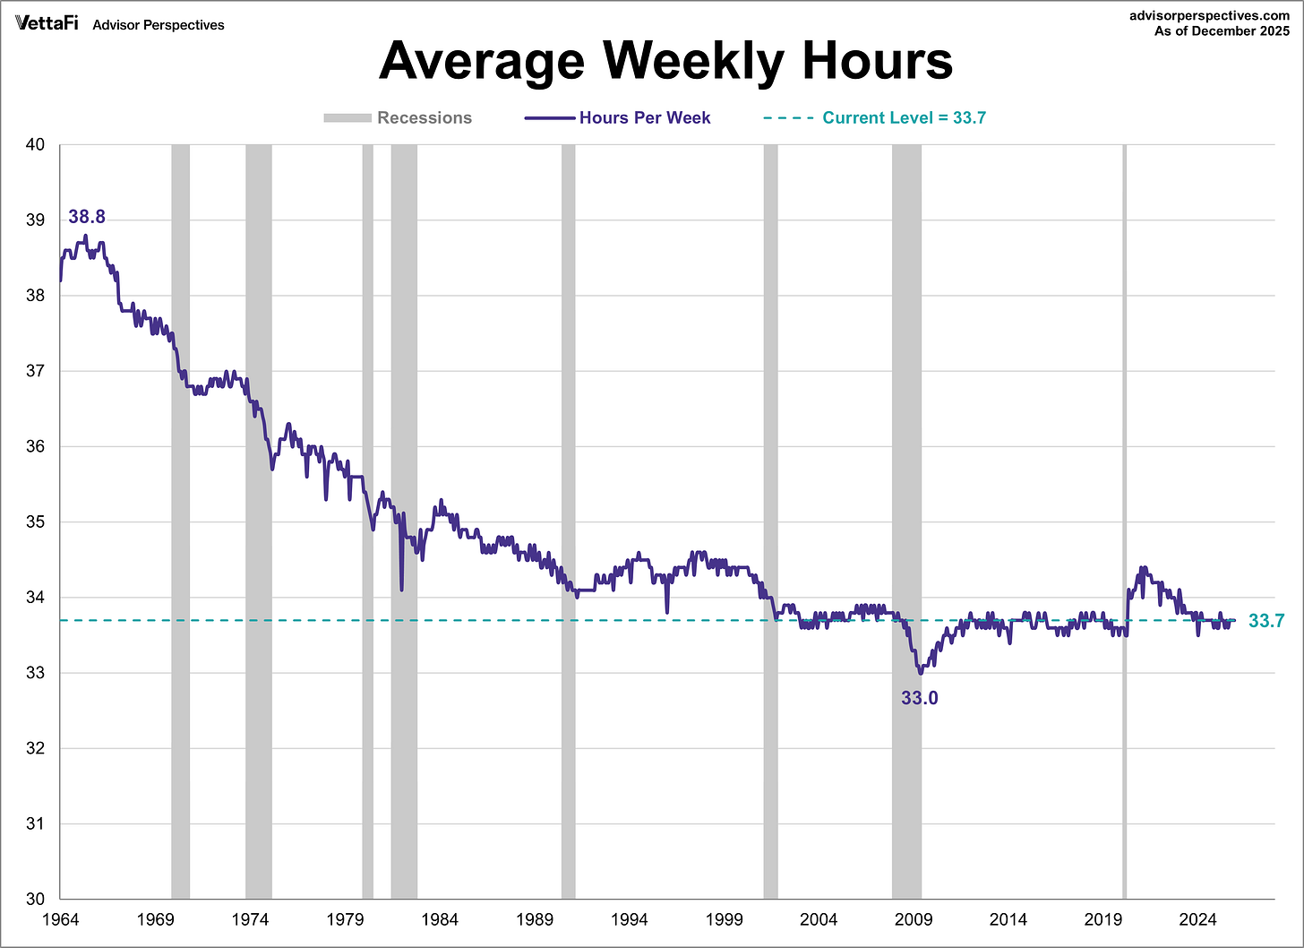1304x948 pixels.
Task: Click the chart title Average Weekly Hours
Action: (665, 61)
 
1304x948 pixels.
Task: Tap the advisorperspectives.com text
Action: (1209, 15)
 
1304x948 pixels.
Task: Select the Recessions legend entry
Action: (399, 117)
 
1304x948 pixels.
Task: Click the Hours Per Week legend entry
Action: (618, 117)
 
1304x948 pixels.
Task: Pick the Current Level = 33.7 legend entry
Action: (874, 117)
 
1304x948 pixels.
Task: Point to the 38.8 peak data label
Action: (87, 217)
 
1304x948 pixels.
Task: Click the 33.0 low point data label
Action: (919, 698)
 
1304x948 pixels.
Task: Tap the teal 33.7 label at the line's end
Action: (1266, 621)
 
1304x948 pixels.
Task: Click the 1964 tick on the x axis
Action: (61, 919)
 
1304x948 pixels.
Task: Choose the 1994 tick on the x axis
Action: (630, 919)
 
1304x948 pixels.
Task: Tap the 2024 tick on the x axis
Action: (1197, 919)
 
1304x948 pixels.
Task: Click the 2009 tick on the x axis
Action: (914, 919)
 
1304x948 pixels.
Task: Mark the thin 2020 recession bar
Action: (1125, 520)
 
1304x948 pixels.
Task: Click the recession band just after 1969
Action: (180, 520)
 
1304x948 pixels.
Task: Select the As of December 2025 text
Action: (1222, 30)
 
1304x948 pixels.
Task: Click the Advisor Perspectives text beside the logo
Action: (159, 25)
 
